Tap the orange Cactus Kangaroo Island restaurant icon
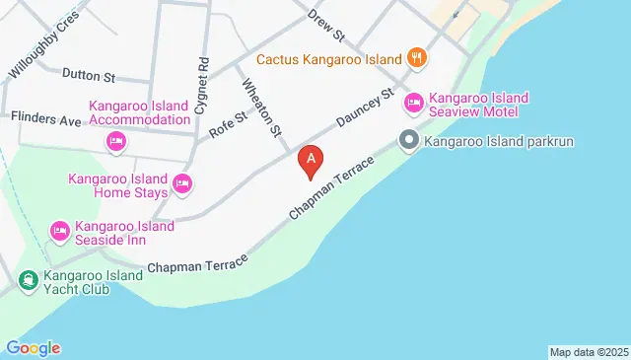click(x=418, y=58)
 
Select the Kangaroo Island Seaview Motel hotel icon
click(x=414, y=102)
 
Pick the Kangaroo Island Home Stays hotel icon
click(x=182, y=183)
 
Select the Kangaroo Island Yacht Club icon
click(x=27, y=280)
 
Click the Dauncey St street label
click(x=365, y=109)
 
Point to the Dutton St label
click(x=89, y=74)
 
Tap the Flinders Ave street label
click(x=45, y=119)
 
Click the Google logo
click(x=33, y=347)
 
